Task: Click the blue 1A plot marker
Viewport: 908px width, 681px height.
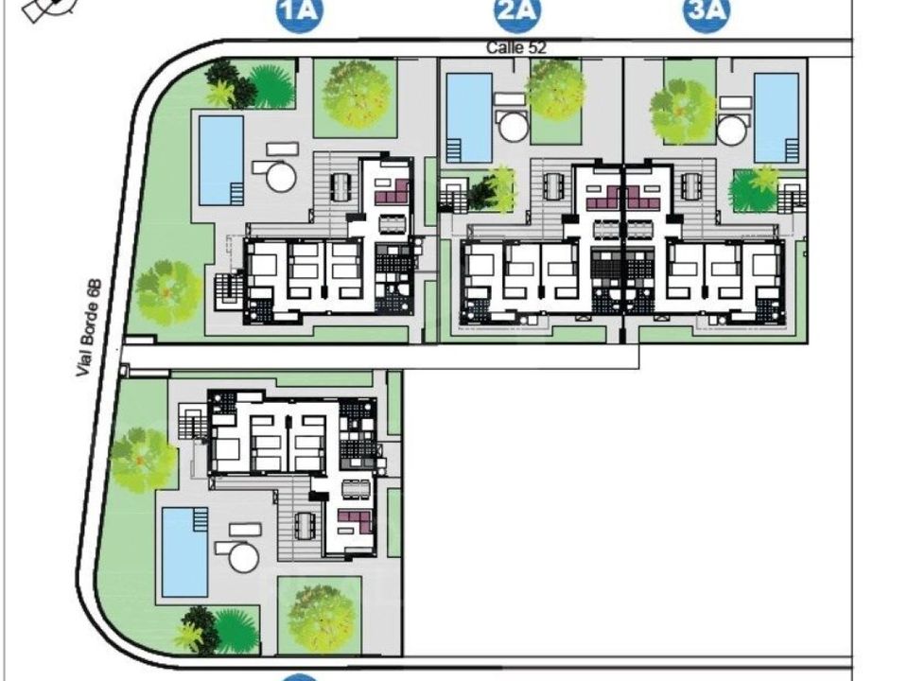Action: click(300, 12)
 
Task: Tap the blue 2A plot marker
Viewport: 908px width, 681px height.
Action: click(517, 12)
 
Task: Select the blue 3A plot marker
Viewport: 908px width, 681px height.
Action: click(707, 12)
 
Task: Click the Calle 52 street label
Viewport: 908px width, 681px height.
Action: click(516, 47)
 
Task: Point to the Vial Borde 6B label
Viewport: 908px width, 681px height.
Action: click(89, 328)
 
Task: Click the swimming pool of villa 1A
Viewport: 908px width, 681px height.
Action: click(221, 161)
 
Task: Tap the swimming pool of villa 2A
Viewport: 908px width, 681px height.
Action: click(470, 118)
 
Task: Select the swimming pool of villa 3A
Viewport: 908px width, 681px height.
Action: click(777, 118)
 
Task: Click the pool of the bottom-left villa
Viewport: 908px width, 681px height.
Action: click(184, 552)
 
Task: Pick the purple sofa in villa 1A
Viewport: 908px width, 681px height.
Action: click(392, 192)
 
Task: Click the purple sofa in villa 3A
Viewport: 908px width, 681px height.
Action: click(644, 198)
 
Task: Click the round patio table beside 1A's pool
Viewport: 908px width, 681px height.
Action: click(282, 177)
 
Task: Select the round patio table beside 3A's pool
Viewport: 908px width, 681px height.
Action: click(731, 131)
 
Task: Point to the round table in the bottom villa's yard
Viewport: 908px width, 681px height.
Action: click(244, 558)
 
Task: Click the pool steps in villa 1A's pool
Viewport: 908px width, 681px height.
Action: click(236, 193)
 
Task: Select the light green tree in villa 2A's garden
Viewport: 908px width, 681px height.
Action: click(555, 90)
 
